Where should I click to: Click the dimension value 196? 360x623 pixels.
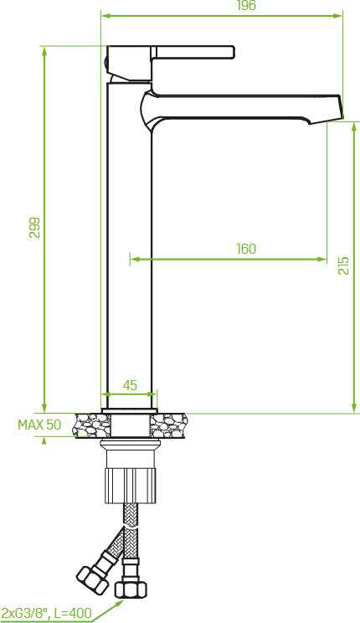click(246, 6)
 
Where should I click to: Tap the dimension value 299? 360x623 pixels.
click(35, 227)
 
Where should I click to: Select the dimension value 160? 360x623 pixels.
click(246, 249)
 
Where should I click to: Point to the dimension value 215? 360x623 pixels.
click(343, 265)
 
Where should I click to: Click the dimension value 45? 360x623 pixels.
click(130, 384)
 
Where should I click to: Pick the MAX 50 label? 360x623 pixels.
click(39, 425)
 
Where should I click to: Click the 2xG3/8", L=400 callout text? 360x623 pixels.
click(47, 613)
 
